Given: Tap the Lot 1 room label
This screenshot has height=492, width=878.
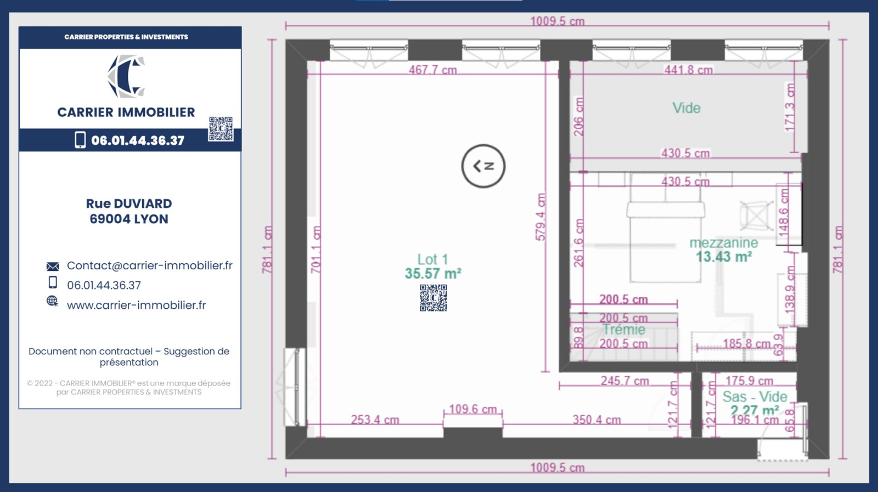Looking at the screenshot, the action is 432,259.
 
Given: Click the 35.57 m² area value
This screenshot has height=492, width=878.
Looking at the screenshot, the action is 433,273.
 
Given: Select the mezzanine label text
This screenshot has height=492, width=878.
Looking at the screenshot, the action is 724,242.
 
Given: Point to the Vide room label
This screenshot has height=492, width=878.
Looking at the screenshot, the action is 686,108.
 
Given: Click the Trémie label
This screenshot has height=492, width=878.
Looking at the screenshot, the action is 623,330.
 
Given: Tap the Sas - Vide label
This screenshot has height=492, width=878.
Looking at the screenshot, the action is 755,397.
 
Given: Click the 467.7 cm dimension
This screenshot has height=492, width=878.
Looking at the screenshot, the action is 433,70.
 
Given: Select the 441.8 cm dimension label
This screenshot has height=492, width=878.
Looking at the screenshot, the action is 689,70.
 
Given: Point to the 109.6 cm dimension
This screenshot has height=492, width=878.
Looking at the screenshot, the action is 472,409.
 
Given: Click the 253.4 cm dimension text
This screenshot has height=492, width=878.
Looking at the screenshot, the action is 375,420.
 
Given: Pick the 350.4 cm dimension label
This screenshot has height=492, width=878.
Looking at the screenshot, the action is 596,420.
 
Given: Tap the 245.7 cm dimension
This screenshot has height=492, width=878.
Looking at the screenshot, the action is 625,380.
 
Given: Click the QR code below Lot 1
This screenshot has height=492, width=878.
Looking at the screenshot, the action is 433,298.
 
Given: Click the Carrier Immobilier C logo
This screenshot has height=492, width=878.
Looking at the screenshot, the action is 126,76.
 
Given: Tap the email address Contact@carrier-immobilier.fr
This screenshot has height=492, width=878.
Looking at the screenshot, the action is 150,265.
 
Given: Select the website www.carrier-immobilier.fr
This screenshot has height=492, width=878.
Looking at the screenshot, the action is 137,305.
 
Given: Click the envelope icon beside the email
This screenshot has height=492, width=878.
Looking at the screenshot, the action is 53,267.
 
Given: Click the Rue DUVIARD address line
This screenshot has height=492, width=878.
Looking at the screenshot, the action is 129,203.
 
